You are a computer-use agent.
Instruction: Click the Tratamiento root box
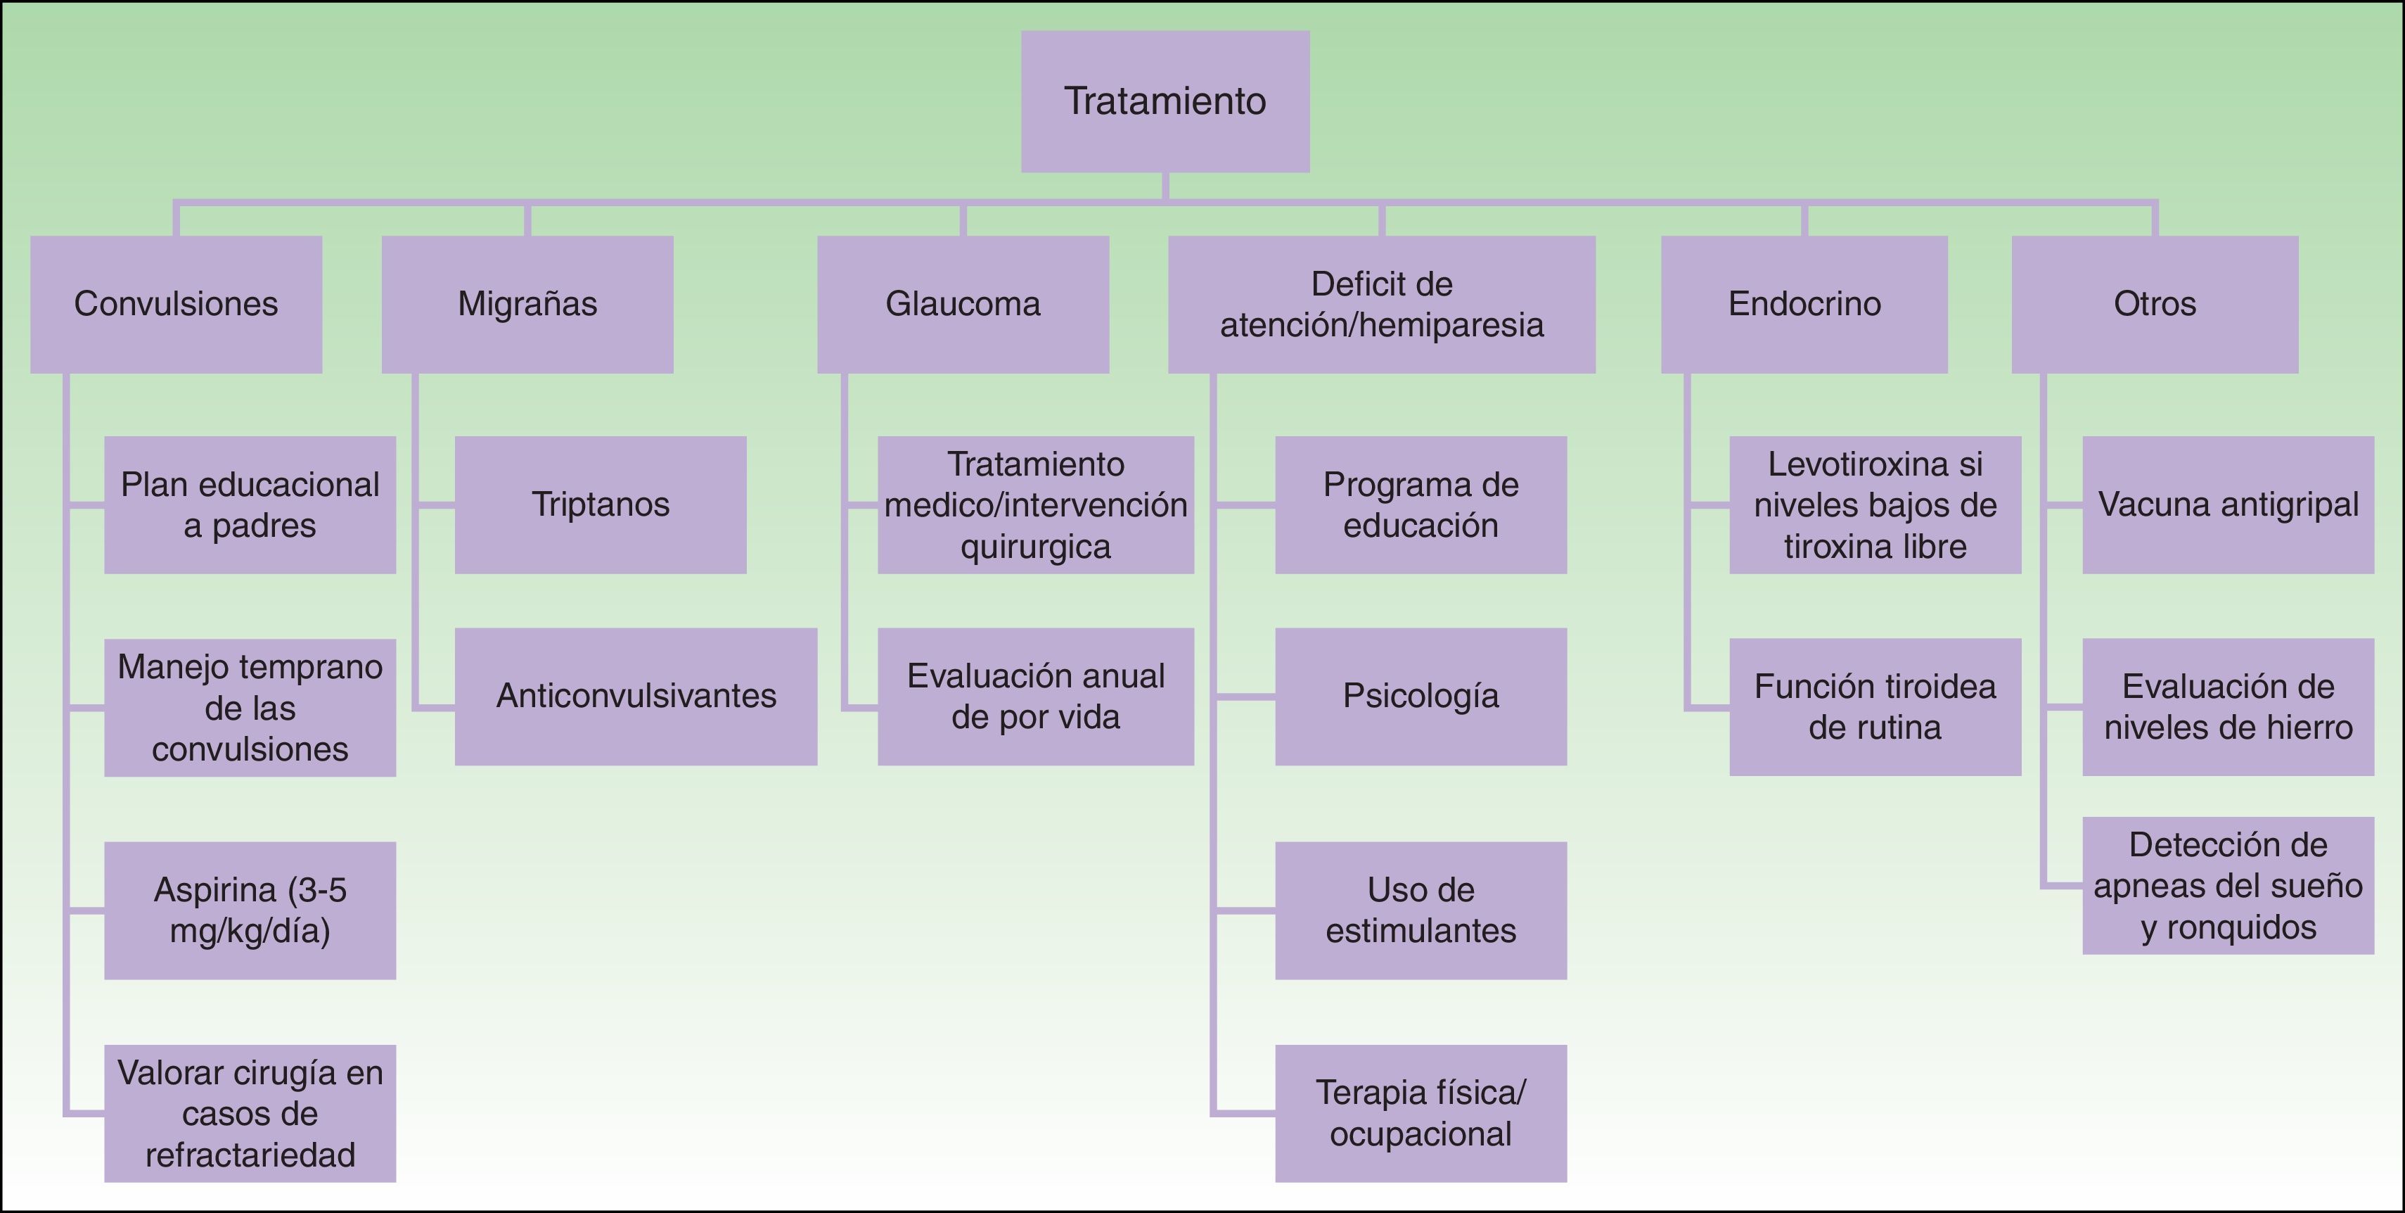click(x=1165, y=101)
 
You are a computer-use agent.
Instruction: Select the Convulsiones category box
click(x=176, y=305)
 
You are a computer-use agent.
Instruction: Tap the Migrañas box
click(x=527, y=305)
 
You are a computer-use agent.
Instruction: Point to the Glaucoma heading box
click(x=963, y=305)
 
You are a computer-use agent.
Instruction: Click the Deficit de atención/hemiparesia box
click(x=1381, y=305)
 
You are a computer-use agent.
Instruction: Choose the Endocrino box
click(x=1804, y=305)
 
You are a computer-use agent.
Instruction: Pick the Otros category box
click(x=2154, y=305)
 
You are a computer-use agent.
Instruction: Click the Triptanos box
click(x=601, y=505)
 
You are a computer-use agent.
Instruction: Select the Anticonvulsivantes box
click(x=636, y=697)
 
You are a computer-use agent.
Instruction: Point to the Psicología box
click(x=1420, y=697)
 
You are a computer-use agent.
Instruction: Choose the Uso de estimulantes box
click(x=1420, y=910)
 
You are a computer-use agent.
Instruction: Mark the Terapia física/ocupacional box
click(x=1420, y=1113)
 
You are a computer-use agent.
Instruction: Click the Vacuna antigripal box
click(x=2228, y=505)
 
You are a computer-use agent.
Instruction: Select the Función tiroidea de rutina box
click(x=1875, y=707)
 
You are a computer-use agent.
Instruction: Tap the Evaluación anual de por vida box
click(x=1035, y=697)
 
